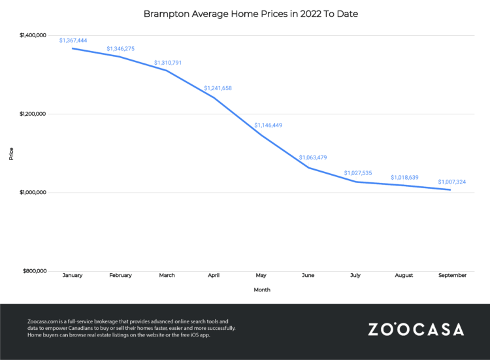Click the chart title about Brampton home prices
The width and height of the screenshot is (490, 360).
[244, 12]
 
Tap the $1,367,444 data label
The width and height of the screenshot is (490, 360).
[73, 40]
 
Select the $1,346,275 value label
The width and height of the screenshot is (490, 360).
[120, 48]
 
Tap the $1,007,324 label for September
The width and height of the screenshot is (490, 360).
[451, 182]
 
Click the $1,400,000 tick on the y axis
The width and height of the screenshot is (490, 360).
[32, 35]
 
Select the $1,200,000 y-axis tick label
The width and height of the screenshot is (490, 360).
[32, 114]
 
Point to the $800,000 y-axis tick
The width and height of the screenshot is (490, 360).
[34, 270]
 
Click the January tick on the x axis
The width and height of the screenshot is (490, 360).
[73, 276]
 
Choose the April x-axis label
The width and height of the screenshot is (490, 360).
[214, 276]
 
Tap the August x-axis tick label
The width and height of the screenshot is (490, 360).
[404, 276]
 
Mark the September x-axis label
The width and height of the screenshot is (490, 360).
[451, 276]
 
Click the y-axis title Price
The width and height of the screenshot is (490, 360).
[11, 154]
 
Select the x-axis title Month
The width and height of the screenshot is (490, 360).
[261, 289]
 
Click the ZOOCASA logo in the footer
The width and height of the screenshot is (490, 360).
[416, 329]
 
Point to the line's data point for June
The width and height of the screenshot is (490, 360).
[309, 168]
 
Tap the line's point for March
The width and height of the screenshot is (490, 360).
[167, 70]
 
